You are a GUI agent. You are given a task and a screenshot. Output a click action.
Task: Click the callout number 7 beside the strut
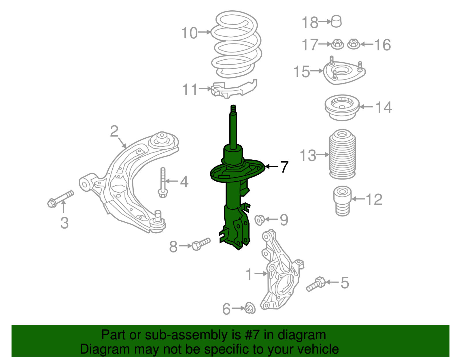(284, 167)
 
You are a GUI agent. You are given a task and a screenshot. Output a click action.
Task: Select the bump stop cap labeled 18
(336, 22)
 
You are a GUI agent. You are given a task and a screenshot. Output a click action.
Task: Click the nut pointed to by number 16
(353, 44)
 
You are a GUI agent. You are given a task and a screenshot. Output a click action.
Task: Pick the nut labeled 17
(337, 44)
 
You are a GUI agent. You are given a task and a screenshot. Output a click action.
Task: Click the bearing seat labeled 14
(342, 108)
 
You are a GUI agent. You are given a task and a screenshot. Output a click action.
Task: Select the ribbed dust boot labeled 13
(342, 155)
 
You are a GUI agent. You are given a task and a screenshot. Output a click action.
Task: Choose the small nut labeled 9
(260, 220)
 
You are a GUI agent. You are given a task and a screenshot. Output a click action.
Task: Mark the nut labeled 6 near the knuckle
(250, 309)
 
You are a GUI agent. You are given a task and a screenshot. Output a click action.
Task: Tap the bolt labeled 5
(316, 284)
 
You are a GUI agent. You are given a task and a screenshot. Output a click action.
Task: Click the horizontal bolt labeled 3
(61, 199)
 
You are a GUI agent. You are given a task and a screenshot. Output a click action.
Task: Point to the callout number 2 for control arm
(114, 131)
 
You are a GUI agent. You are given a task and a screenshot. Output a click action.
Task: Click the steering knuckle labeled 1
(281, 277)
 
